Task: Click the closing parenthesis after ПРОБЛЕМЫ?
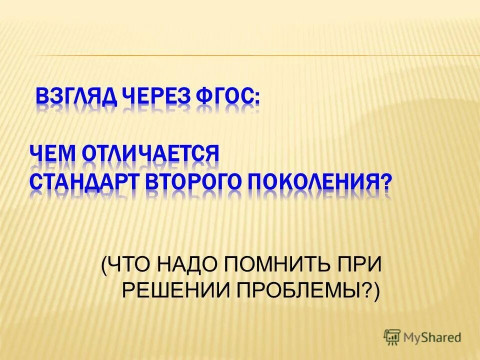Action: click(376, 290)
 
